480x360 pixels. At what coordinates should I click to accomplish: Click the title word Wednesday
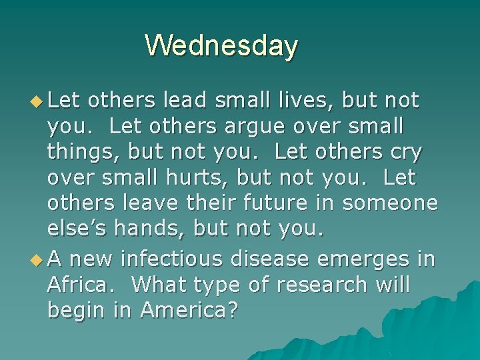[x=221, y=46]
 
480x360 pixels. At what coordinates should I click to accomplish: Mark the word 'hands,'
[x=151, y=229]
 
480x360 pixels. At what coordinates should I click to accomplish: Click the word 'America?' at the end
[x=189, y=310]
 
